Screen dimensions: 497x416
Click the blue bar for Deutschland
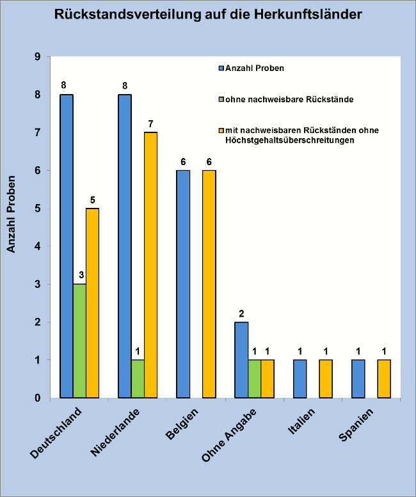[67, 246]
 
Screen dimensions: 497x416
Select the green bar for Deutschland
[79, 341]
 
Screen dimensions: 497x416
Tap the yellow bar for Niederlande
[150, 265]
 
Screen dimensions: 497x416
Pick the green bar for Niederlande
[138, 379]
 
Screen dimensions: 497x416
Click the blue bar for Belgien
[183, 284]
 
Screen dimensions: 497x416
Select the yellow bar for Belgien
[209, 284]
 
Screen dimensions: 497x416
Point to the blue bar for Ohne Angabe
[241, 359]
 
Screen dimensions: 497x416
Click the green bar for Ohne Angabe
[255, 379]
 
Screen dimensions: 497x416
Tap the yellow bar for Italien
[326, 379]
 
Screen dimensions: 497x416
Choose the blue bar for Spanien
[358, 379]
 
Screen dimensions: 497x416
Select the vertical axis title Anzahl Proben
[12, 214]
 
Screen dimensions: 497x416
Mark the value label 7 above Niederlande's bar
[151, 122]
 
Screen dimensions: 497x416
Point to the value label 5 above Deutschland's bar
[92, 198]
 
